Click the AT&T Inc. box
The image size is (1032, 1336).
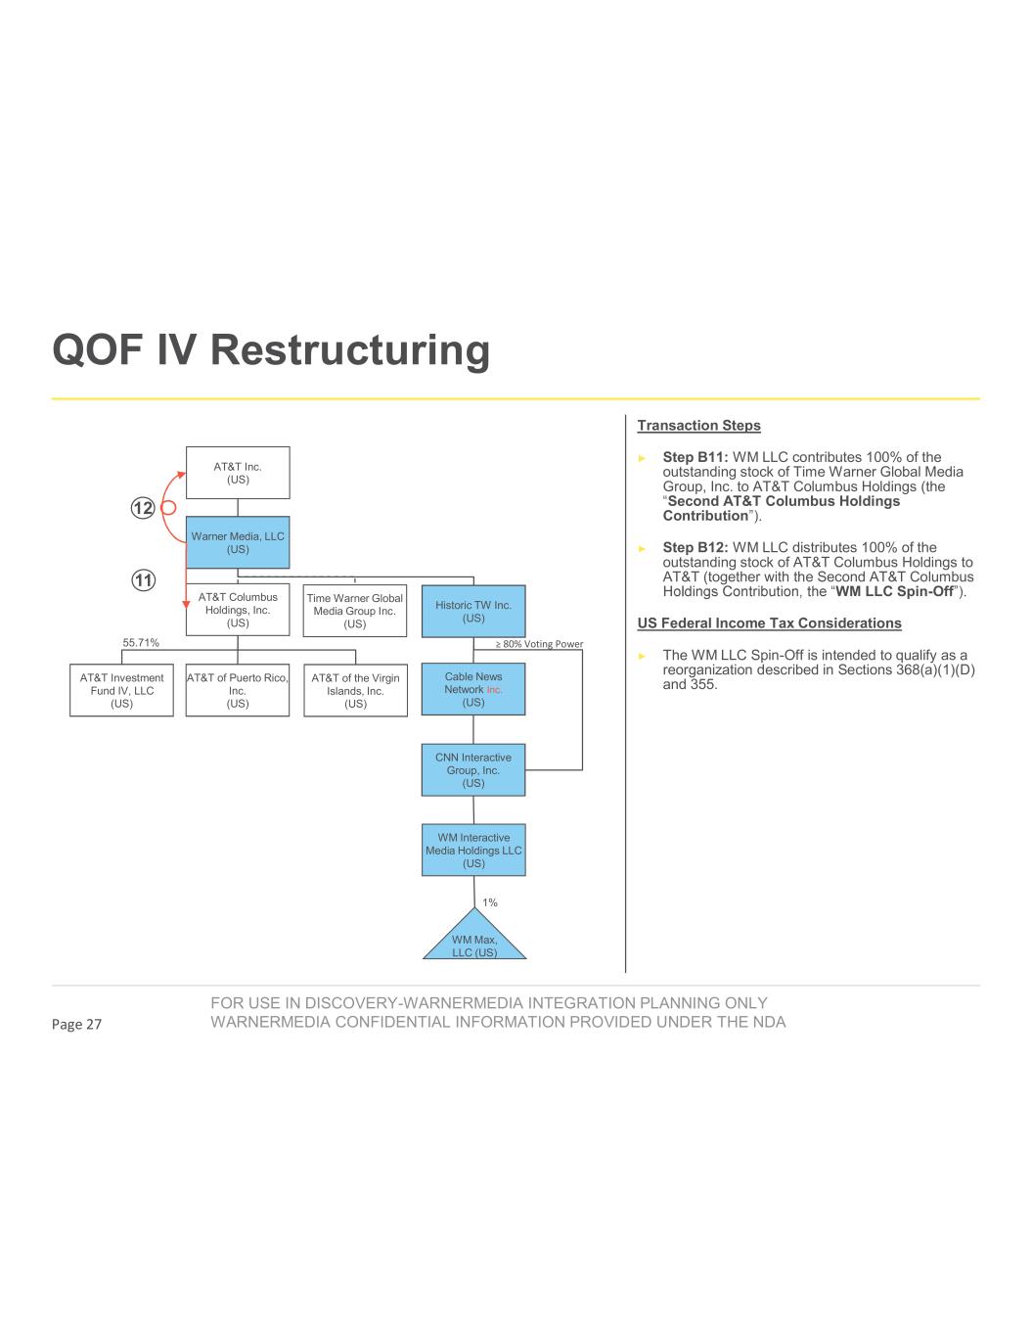point(238,473)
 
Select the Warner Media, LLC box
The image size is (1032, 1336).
point(238,542)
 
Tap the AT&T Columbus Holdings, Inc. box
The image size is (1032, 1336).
point(238,610)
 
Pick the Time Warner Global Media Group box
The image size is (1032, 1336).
point(355,611)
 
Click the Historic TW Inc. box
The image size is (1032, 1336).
point(473,611)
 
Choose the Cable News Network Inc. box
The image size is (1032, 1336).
point(473,689)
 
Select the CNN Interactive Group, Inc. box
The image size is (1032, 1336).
point(473,770)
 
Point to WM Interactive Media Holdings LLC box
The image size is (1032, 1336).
point(473,851)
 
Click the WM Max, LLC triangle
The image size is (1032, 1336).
point(474,941)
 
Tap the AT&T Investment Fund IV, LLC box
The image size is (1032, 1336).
point(121,690)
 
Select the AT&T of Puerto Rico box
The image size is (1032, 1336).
point(238,690)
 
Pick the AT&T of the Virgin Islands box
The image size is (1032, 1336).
point(355,690)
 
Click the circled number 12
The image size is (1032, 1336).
point(143,508)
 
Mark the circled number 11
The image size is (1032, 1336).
point(143,580)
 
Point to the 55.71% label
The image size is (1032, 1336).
point(141,643)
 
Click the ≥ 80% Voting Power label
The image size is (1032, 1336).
point(538,644)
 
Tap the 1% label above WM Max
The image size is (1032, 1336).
point(490,902)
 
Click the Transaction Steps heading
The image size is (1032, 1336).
point(698,426)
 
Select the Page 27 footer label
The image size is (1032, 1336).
point(77,1025)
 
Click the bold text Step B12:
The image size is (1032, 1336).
point(695,547)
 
